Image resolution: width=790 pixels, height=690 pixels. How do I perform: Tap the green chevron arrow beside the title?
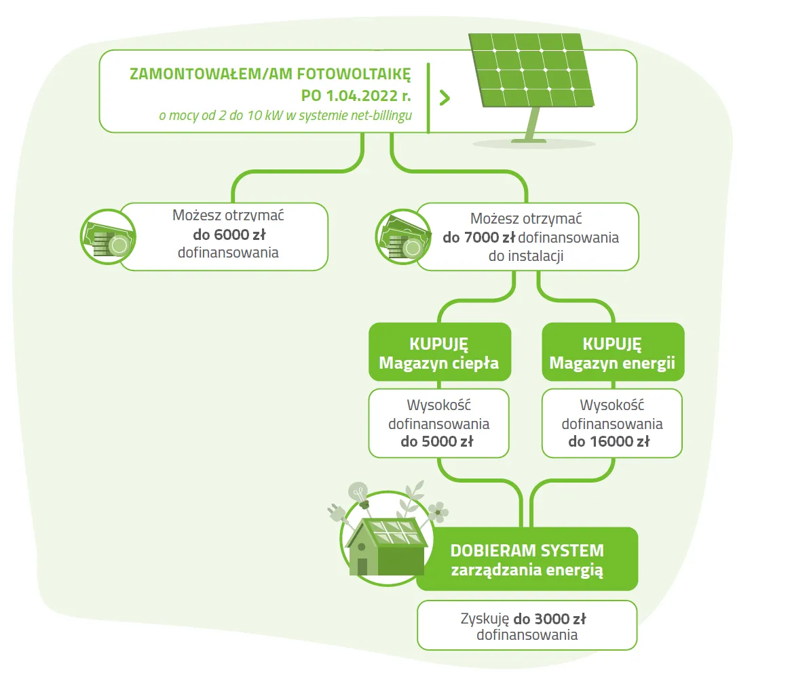click(445, 97)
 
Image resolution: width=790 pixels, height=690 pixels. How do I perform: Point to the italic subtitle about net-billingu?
click(285, 116)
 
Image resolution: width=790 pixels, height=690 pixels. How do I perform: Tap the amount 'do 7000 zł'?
click(478, 238)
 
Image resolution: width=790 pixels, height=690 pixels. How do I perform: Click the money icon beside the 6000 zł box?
click(107, 235)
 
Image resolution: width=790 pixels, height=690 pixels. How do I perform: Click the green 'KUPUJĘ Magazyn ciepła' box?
click(438, 352)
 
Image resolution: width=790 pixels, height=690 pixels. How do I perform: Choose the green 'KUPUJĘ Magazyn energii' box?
click(612, 352)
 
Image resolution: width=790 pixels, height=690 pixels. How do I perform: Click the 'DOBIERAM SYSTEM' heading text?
click(527, 550)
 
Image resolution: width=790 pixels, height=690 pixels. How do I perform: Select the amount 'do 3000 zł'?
click(549, 619)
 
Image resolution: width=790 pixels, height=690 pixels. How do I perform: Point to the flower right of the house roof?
click(438, 512)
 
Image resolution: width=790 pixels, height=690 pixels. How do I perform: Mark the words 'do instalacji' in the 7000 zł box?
click(526, 256)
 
